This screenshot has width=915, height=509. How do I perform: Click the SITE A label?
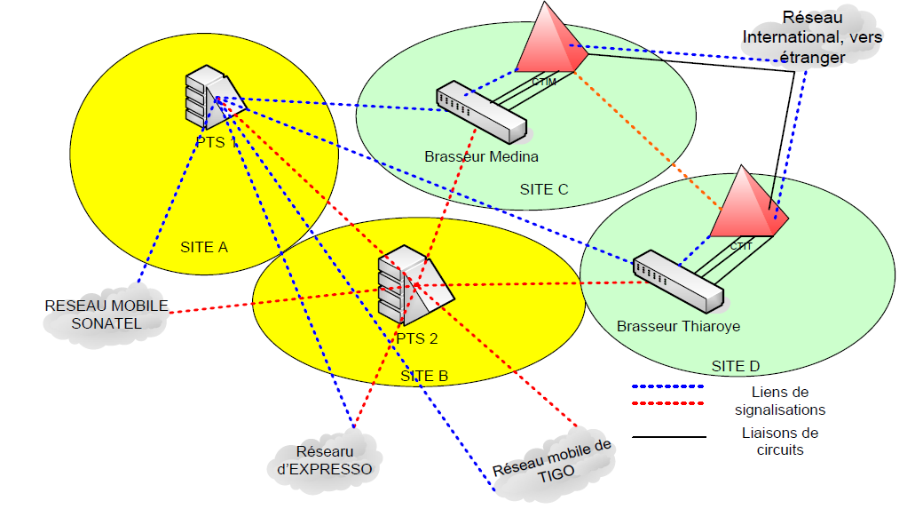coord(204,247)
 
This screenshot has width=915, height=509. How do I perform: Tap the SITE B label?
coord(424,376)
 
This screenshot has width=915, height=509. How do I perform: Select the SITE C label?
coord(544,189)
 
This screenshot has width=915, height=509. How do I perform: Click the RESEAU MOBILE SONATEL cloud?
coord(106,314)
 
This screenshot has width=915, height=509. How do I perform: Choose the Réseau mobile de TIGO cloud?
coord(552,461)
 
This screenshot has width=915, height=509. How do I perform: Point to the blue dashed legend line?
coord(667,387)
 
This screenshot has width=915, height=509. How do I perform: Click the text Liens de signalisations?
coord(780,401)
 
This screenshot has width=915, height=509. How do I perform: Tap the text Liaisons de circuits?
coord(780,441)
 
